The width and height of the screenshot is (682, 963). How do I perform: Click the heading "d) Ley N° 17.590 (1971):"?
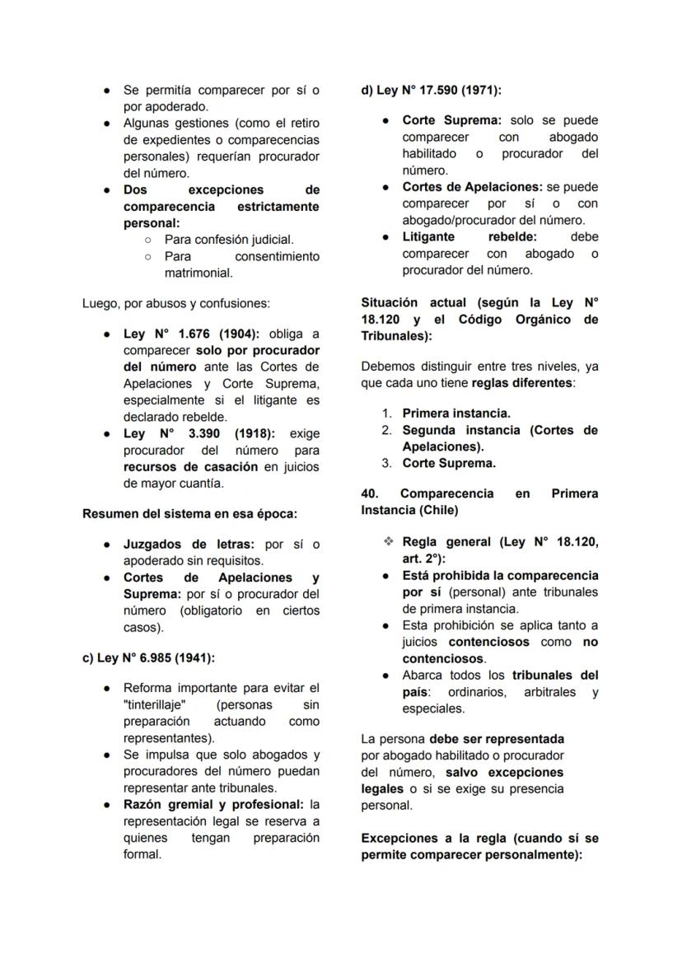click(x=431, y=90)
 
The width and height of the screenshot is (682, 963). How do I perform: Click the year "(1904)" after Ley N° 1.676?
click(x=239, y=334)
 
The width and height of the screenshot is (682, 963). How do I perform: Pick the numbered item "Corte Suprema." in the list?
click(x=449, y=463)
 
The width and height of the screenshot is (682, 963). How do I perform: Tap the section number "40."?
click(x=370, y=493)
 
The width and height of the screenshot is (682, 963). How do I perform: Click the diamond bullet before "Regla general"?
click(x=389, y=542)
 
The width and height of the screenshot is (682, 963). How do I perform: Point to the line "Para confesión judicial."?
click(x=229, y=239)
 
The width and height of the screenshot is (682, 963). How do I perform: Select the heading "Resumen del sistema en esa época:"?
click(x=189, y=513)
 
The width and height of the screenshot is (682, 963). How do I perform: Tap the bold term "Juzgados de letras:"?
click(x=189, y=545)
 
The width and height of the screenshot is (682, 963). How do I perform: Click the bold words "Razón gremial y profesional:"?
click(x=213, y=804)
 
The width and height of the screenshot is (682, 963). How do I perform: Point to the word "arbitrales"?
click(x=553, y=692)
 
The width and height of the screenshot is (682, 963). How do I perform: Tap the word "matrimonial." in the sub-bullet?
click(x=199, y=273)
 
